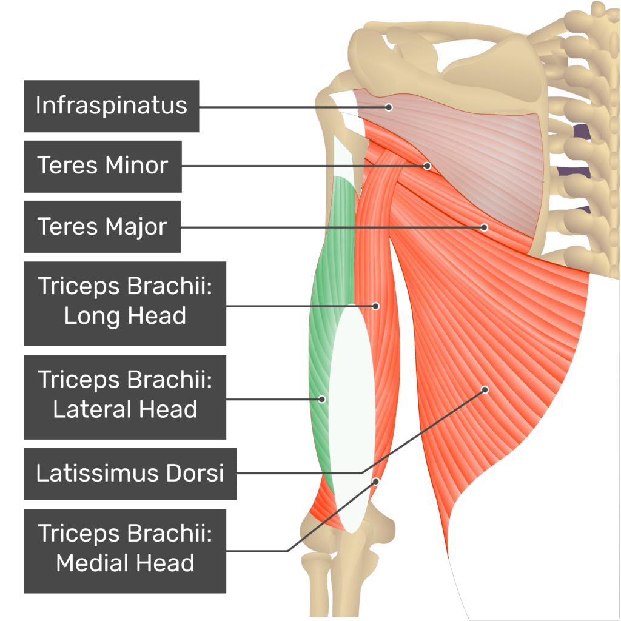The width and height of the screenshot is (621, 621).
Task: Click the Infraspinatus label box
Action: coord(112,106)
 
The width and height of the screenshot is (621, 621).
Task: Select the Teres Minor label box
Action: coord(103,166)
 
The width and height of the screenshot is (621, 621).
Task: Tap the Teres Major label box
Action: coord(102,227)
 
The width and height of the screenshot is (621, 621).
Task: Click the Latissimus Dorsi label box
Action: coord(130,473)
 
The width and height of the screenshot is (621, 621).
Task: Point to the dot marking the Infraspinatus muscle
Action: coord(389,107)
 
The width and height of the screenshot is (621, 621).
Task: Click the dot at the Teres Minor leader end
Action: coord(427,166)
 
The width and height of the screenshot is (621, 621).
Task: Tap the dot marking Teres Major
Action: coord(484,227)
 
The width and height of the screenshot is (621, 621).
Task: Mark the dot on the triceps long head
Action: coord(375,306)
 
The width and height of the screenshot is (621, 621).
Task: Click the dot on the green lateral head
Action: coord(322,399)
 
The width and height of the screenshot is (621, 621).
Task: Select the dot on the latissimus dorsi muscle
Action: coord(485,390)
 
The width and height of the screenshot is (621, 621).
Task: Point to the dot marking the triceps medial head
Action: coord(375,481)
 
